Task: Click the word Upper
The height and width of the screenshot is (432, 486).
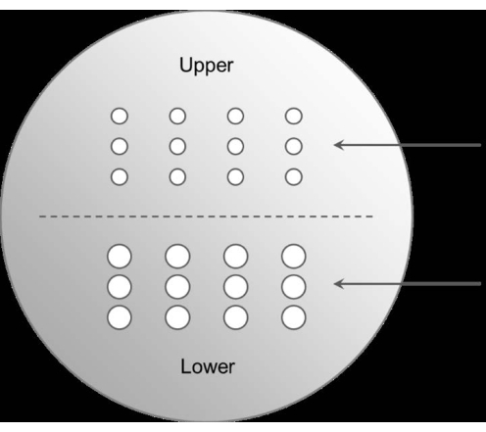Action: tap(207, 66)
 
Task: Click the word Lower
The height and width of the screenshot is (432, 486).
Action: tap(208, 366)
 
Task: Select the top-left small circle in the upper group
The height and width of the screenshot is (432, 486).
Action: tap(120, 116)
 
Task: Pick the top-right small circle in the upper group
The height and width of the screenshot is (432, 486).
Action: tap(294, 116)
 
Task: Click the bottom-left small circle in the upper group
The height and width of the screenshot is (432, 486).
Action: tap(120, 177)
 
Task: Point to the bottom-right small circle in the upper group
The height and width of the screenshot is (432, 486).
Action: tap(294, 177)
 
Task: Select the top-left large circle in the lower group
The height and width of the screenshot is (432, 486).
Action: tap(120, 256)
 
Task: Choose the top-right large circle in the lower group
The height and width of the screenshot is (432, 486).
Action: tap(294, 256)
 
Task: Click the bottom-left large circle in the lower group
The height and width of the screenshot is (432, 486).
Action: tap(120, 317)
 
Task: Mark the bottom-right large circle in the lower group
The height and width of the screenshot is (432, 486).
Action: tap(294, 317)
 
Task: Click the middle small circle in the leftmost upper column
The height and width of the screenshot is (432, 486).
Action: tap(120, 146)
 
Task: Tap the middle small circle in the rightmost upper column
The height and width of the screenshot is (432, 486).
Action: tap(294, 146)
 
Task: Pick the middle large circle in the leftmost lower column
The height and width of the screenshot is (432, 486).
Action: tap(120, 287)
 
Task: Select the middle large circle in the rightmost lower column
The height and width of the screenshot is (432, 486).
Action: tap(294, 287)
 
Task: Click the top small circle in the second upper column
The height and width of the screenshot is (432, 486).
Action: tap(177, 116)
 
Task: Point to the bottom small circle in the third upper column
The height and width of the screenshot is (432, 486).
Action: tap(235, 177)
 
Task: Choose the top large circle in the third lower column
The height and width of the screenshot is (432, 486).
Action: tap(235, 256)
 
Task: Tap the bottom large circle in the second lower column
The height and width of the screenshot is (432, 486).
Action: tap(177, 317)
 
